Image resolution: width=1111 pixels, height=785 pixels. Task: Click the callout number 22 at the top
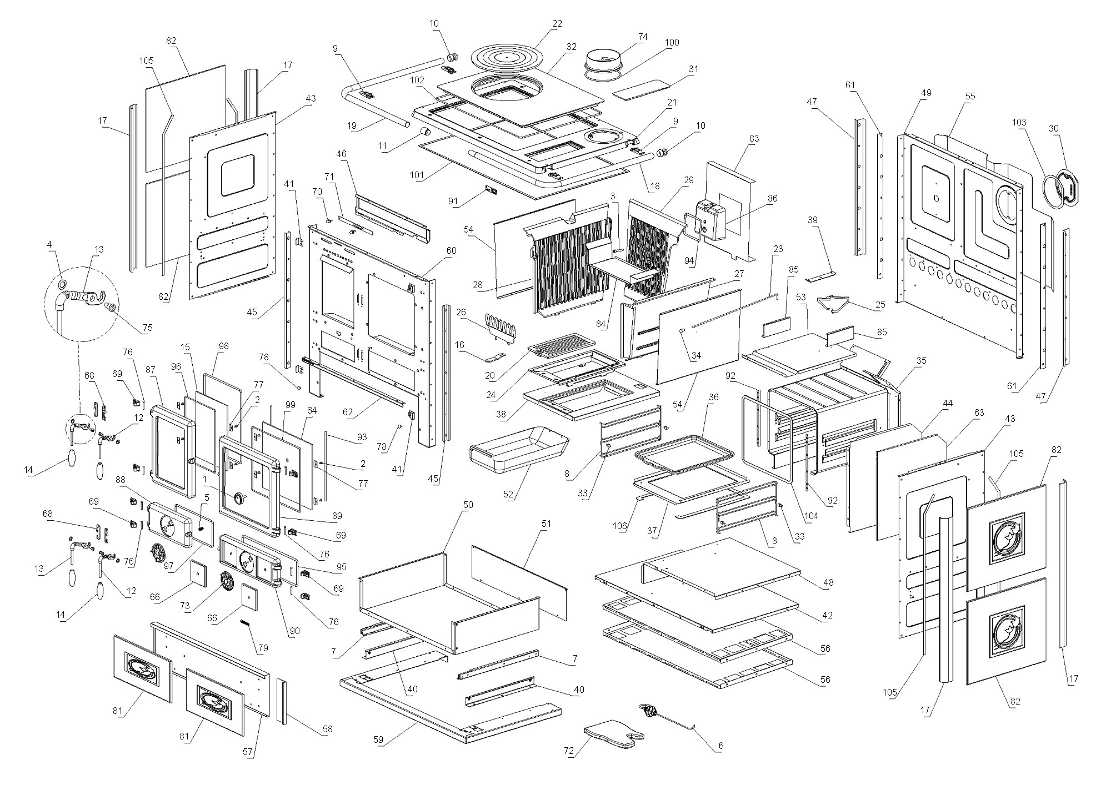(557, 23)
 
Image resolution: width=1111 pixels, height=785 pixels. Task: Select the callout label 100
(672, 42)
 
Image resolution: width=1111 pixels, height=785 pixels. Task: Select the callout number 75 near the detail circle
(147, 328)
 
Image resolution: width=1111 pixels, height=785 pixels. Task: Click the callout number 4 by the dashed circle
(49, 244)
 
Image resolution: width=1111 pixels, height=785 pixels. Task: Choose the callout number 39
(813, 220)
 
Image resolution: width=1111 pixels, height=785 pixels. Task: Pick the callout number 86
(772, 198)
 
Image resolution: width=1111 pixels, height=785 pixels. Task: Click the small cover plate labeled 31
(640, 89)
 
